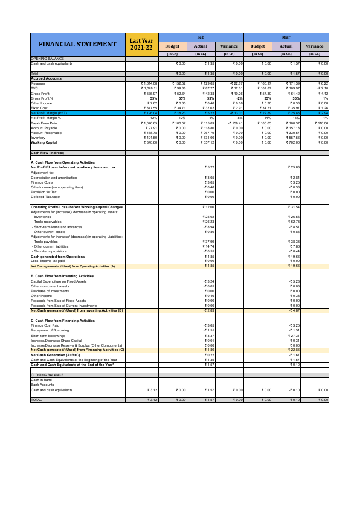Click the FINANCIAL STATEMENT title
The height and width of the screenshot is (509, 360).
77,45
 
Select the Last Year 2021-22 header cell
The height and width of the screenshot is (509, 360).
141,45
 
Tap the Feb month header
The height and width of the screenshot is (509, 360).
201,37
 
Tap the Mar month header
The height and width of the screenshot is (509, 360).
286,37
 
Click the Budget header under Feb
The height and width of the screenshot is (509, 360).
172,46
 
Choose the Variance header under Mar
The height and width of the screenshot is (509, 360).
314,46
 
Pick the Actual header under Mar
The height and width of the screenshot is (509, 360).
286,46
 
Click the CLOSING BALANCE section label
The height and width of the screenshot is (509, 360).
47,375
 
